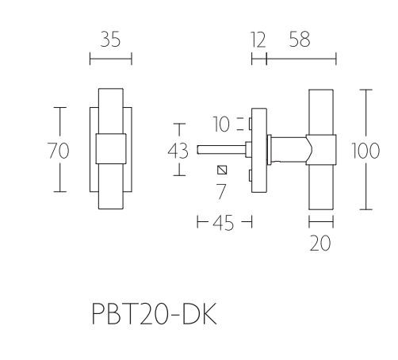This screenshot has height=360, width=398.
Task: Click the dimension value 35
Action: pos(110,40)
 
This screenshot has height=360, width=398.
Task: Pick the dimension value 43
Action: pos(179,150)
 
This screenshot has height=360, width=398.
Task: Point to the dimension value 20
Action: pos(320,243)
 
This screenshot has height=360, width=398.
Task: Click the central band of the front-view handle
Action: pos(110,149)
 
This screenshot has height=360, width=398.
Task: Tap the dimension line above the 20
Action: pos(320,223)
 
